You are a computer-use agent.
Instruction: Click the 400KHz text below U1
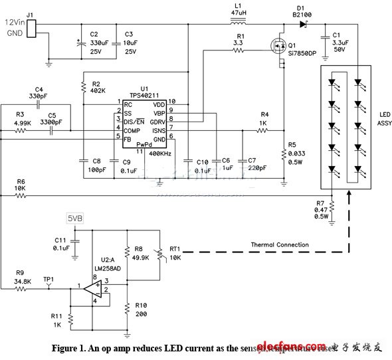(161, 153)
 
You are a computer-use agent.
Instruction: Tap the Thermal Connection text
(279, 245)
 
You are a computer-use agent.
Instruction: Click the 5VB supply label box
(75, 217)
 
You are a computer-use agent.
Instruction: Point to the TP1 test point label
(49, 280)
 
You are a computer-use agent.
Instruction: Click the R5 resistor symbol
(282, 155)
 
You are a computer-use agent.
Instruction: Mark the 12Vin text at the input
(15, 22)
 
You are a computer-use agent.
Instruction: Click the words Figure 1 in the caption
(71, 348)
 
